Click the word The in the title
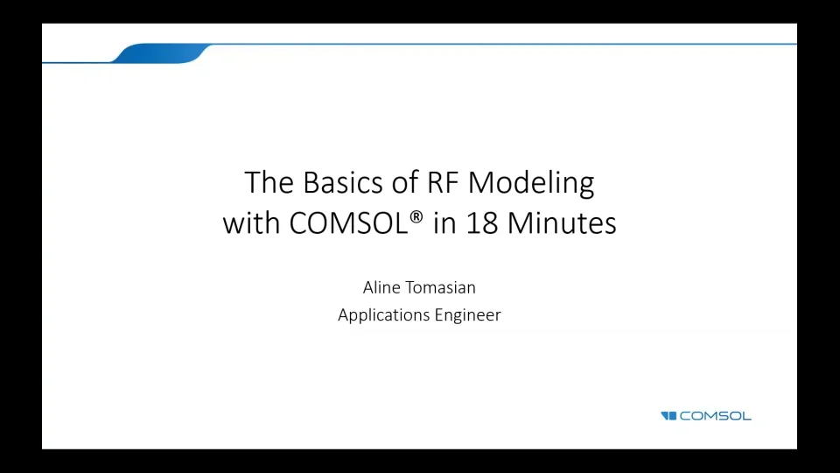click(x=269, y=182)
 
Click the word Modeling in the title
click(x=531, y=184)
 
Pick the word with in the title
click(x=252, y=223)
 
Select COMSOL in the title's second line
click(x=348, y=223)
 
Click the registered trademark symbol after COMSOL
click(x=416, y=217)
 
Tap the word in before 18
click(x=444, y=223)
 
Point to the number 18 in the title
click(x=482, y=223)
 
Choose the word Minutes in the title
click(x=562, y=223)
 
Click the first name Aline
click(x=382, y=287)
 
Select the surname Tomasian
click(x=441, y=287)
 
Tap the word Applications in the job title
click(x=383, y=315)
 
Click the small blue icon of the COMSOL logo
click(x=668, y=416)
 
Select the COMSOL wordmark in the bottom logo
click(x=716, y=416)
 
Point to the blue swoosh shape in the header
click(x=162, y=53)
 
